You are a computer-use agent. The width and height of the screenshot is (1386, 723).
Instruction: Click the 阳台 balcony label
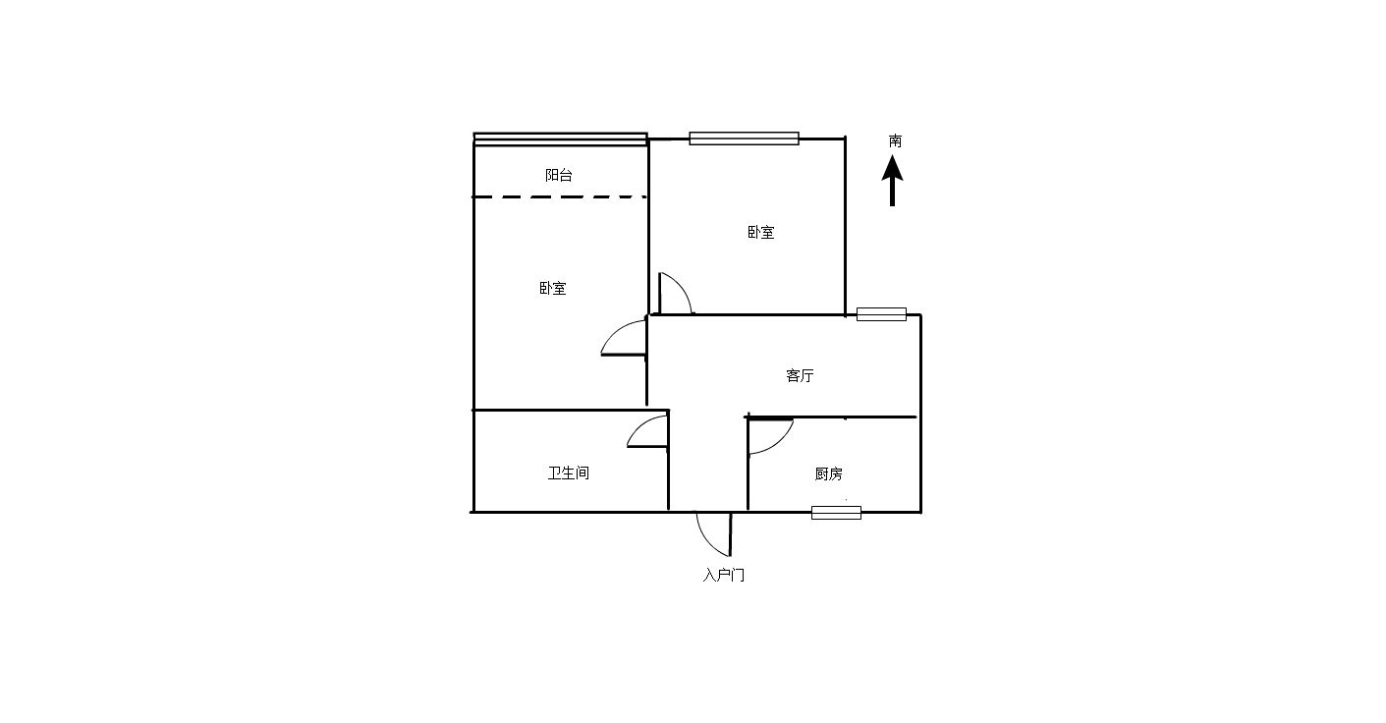point(558,175)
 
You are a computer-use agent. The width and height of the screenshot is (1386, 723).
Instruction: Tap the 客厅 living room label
point(800,375)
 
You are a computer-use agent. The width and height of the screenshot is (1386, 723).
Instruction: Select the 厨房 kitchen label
point(828,474)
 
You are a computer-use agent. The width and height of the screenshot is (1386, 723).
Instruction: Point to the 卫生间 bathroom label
point(568,473)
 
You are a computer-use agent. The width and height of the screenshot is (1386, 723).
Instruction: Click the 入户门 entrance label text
point(723,575)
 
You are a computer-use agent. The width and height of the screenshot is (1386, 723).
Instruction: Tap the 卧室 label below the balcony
point(553,289)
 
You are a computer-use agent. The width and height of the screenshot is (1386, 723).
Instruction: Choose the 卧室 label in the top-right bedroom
point(760,233)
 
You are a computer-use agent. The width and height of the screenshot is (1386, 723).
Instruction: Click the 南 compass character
point(895,141)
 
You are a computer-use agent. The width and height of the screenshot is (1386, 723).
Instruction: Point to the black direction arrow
point(892,181)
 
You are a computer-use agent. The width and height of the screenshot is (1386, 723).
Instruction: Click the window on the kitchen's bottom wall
point(836,513)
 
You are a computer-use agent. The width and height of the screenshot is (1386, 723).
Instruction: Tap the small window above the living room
point(881,314)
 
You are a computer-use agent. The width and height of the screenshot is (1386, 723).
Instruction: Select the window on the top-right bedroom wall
point(744,139)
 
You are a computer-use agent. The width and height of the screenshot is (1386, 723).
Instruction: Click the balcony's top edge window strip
point(561,139)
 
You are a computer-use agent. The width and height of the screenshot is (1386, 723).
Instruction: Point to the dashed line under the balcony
point(560,196)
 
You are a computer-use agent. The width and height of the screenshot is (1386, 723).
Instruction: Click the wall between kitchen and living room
point(830,417)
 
